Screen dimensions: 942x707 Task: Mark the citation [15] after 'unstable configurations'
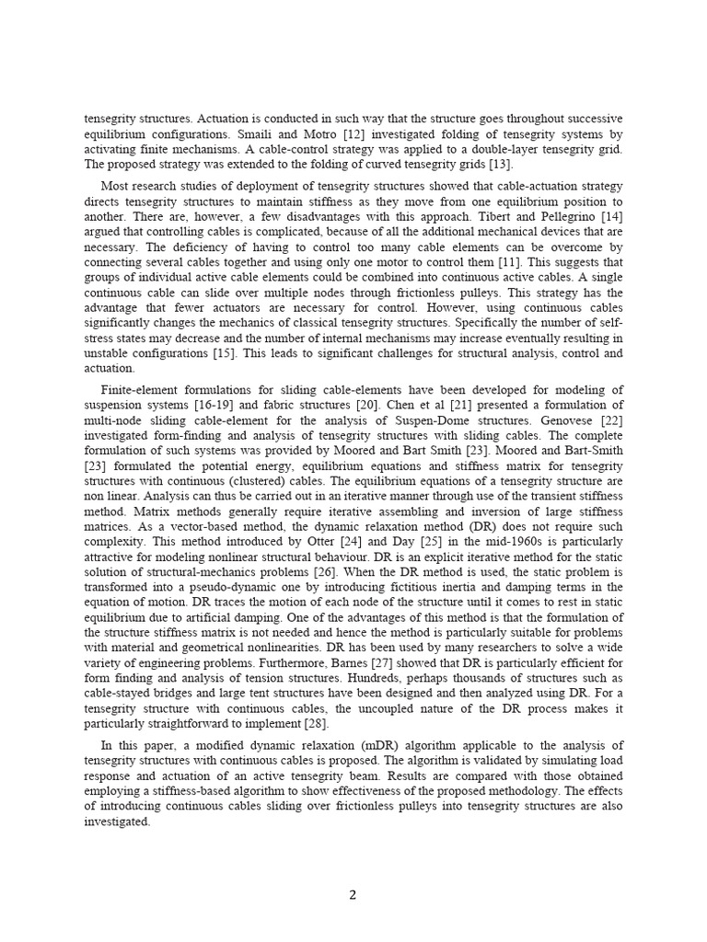coord(243,352)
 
